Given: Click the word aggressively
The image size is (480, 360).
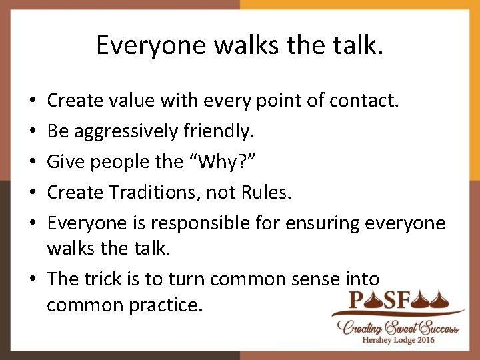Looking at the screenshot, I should pos(127,131).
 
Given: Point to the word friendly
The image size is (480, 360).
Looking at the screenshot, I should pos(219,131).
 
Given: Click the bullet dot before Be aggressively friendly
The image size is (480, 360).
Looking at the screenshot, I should pos(33,132).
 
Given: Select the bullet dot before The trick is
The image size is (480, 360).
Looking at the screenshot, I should pos(33,279).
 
